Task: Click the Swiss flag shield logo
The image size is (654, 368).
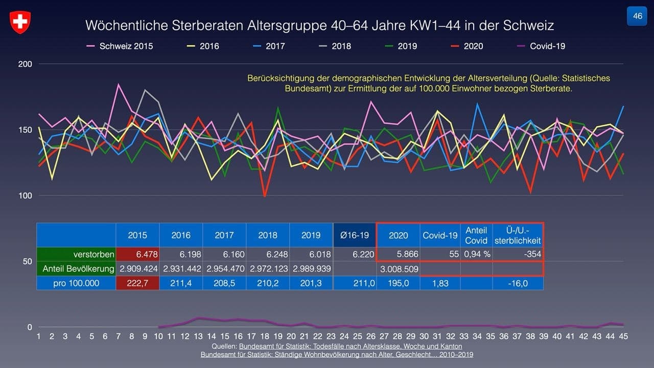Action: tap(20, 22)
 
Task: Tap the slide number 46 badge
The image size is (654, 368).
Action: tap(637, 16)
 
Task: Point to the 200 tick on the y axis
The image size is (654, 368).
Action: tap(26, 64)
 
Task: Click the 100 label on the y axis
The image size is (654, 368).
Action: tap(26, 196)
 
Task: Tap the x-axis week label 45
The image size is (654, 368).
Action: tap(623, 336)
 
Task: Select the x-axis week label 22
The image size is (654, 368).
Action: tap(317, 336)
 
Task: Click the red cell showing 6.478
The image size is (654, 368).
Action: tap(137, 254)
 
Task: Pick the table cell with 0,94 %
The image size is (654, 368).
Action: tap(476, 254)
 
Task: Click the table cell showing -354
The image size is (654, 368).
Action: tap(518, 254)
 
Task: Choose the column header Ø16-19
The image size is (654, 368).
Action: tap(355, 235)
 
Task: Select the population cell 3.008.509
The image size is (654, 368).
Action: tap(398, 268)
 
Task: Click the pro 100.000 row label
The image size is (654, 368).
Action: tap(76, 283)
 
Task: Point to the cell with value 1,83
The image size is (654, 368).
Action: tap(440, 283)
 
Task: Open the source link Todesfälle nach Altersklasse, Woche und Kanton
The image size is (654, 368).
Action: tap(351, 347)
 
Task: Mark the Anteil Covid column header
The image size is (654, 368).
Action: tap(476, 235)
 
